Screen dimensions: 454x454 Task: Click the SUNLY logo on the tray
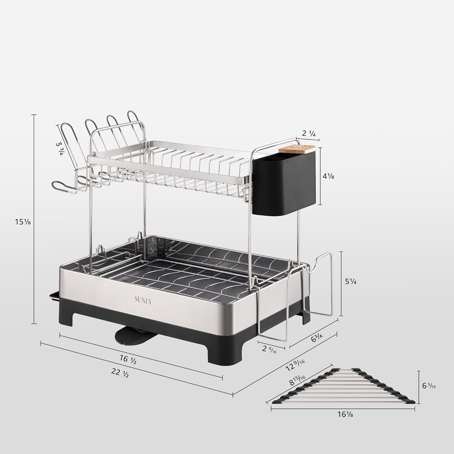(143, 300)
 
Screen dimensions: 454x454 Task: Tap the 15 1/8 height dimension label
(23, 222)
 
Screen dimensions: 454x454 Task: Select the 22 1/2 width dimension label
(120, 373)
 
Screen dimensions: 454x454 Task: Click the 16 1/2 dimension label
(128, 360)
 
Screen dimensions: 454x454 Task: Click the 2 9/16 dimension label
(269, 350)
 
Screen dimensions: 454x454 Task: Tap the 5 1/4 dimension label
(351, 281)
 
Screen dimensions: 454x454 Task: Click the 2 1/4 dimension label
(309, 134)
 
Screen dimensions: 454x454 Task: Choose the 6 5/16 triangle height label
(429, 386)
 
